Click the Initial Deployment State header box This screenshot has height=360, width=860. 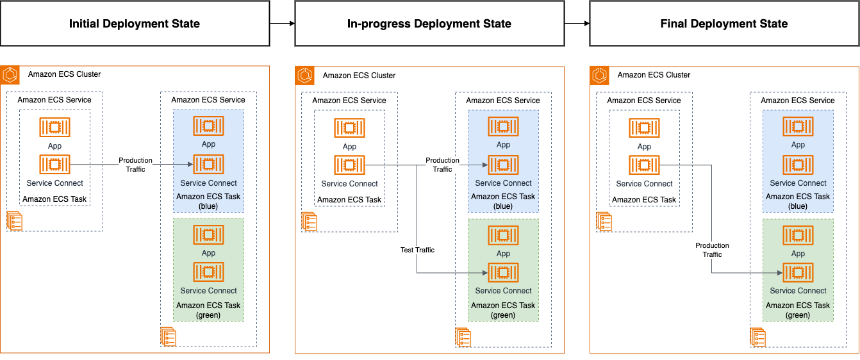tap(135, 24)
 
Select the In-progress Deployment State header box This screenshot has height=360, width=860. tap(429, 24)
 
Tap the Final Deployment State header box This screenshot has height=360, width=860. tap(724, 24)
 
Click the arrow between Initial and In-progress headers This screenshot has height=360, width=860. tap(282, 24)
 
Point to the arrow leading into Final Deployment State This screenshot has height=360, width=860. tap(577, 24)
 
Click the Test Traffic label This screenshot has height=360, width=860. tap(417, 250)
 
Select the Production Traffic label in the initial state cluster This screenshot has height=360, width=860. tap(135, 165)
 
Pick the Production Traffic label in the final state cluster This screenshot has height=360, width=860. tap(712, 250)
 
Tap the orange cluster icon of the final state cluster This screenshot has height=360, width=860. tap(600, 76)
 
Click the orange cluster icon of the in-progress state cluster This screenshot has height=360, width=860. tap(305, 76)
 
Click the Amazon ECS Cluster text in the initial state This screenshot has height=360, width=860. tap(64, 74)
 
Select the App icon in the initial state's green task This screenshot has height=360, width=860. tap(208, 235)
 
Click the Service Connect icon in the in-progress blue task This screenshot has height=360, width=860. tap(503, 165)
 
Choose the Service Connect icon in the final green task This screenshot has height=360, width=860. tap(798, 273)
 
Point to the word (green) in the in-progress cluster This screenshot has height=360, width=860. tap(503, 315)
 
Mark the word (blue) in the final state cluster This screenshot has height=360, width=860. tap(798, 206)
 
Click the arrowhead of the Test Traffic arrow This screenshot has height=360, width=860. tap(484, 273)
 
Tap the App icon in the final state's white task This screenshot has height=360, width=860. tap(644, 127)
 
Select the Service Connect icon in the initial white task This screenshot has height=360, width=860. tap(54, 165)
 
